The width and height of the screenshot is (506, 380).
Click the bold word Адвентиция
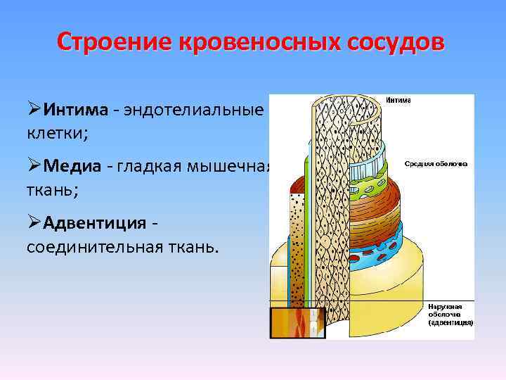click(95, 223)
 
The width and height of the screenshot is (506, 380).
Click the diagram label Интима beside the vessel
click(399, 101)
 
